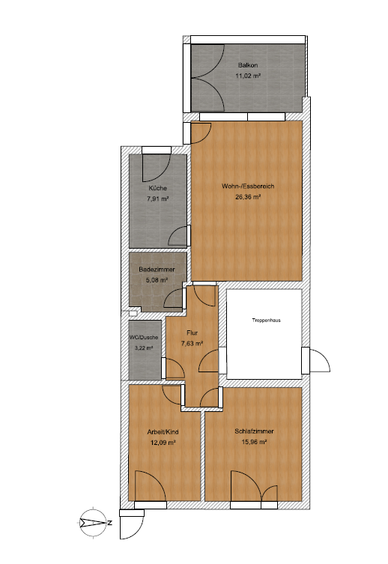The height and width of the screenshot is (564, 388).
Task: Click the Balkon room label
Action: [x=248, y=65]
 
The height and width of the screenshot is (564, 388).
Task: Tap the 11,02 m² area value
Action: [x=248, y=76]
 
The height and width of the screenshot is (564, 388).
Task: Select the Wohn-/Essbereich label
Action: [x=248, y=187]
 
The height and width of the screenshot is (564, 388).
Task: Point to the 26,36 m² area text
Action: [x=248, y=197]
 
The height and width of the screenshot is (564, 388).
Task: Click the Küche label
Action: [x=157, y=188]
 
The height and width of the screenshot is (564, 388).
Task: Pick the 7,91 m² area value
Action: [x=158, y=198]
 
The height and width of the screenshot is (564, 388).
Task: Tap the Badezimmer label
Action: [x=157, y=270]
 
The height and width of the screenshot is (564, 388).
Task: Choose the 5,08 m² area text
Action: [x=157, y=280]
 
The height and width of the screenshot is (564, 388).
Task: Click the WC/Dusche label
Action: [x=144, y=338]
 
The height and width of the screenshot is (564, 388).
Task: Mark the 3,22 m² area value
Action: [x=144, y=348]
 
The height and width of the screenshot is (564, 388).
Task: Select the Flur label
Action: [x=192, y=333]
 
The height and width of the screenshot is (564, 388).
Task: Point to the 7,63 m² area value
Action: [x=192, y=343]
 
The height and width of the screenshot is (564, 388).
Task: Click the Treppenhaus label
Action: [x=266, y=320]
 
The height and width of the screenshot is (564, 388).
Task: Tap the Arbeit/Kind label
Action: [x=163, y=432]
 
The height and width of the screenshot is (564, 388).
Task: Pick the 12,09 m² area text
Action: [x=163, y=443]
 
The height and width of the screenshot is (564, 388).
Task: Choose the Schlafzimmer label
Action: [x=254, y=431]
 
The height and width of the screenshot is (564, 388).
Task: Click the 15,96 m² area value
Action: [x=254, y=442]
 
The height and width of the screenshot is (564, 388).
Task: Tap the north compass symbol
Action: [x=93, y=523]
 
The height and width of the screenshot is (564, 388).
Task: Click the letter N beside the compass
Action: [x=110, y=523]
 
